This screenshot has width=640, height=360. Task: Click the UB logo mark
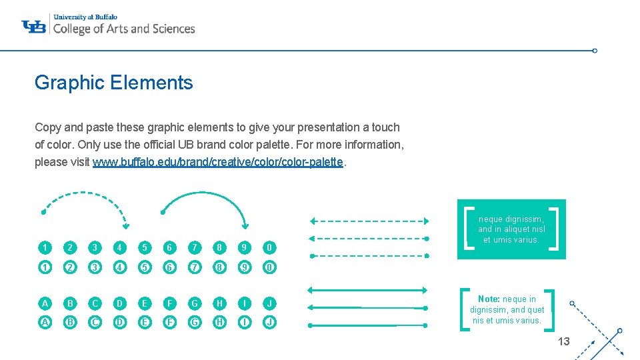pos(34,26)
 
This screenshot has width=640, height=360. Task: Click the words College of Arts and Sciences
pos(123,29)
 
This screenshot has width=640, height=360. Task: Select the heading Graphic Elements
pos(113,83)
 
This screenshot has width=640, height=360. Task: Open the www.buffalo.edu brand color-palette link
pos(218,162)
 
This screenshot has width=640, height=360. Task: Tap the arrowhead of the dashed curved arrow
pos(126,226)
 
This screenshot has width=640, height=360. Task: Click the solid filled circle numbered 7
pos(194,247)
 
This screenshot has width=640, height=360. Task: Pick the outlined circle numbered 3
pos(95,268)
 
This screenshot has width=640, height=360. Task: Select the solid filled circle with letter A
pos(45,303)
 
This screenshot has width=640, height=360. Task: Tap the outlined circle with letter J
pos(269,322)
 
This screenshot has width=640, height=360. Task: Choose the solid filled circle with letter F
pos(169,303)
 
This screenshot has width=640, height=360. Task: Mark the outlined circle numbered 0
pos(269,268)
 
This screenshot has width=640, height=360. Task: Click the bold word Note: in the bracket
pos(489,299)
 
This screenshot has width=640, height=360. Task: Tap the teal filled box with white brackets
pos(511,229)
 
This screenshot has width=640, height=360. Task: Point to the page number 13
pos(563,341)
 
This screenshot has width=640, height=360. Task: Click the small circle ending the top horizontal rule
pos(595,50)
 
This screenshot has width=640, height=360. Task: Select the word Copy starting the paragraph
pos(47,127)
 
